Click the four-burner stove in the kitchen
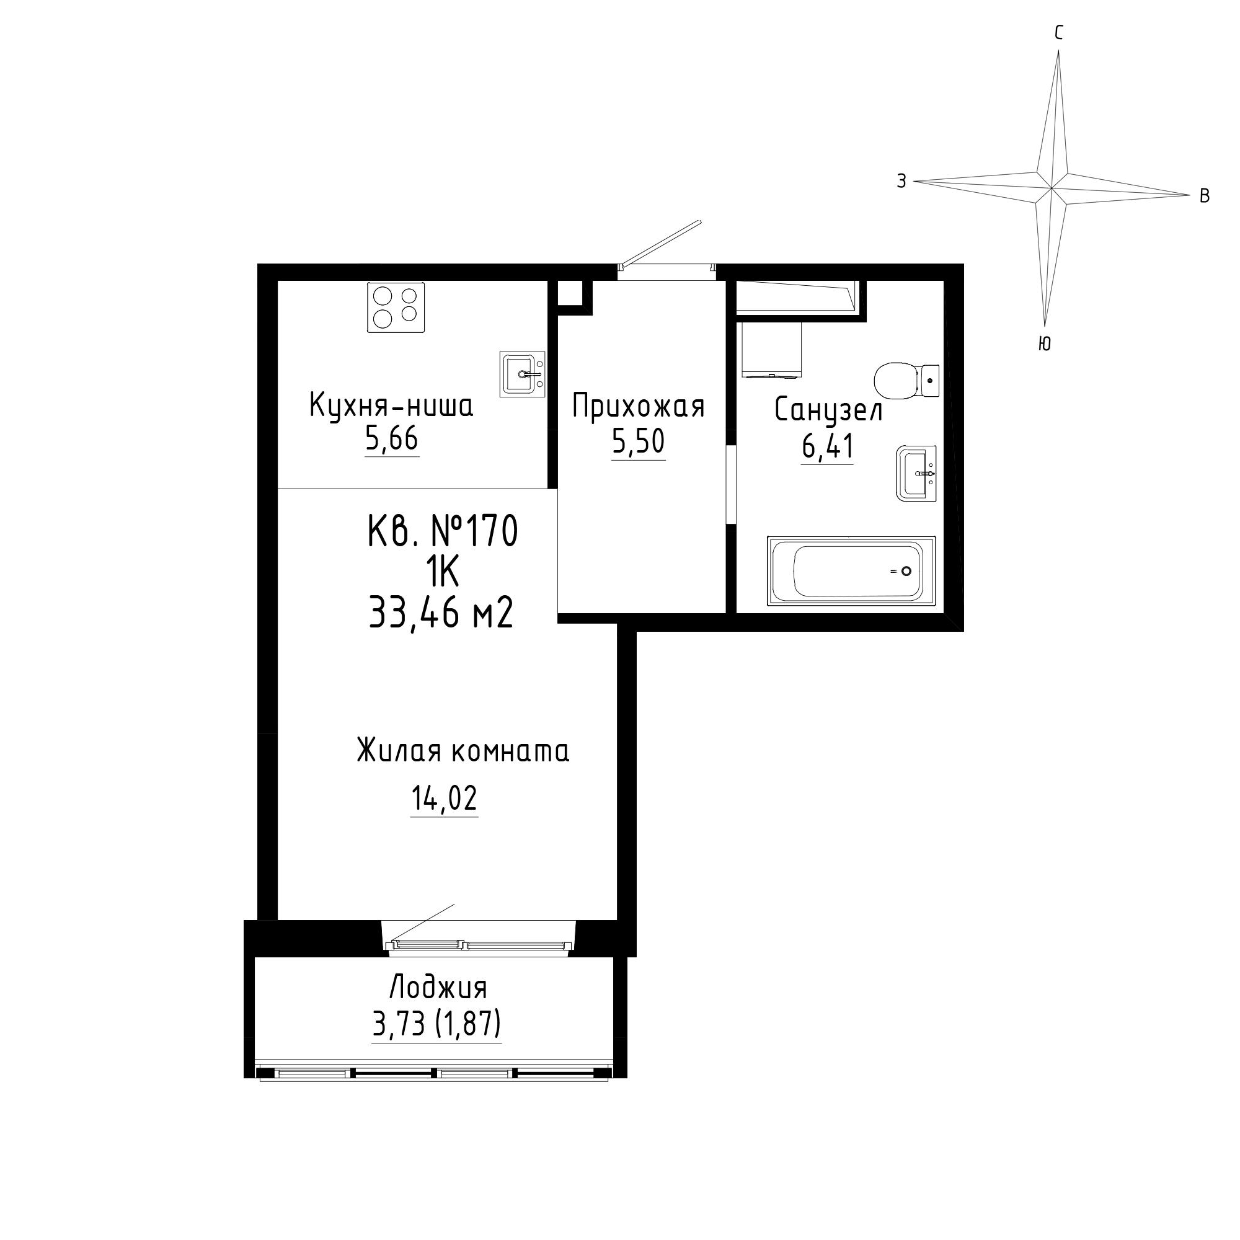(x=396, y=308)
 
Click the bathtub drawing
(x=852, y=570)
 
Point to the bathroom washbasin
(x=916, y=473)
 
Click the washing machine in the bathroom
(x=771, y=349)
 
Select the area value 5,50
(x=638, y=443)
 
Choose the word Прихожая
(x=639, y=407)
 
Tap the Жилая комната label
(x=463, y=751)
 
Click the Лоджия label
(x=438, y=988)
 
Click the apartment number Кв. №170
(x=443, y=532)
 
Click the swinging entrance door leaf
(x=661, y=242)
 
